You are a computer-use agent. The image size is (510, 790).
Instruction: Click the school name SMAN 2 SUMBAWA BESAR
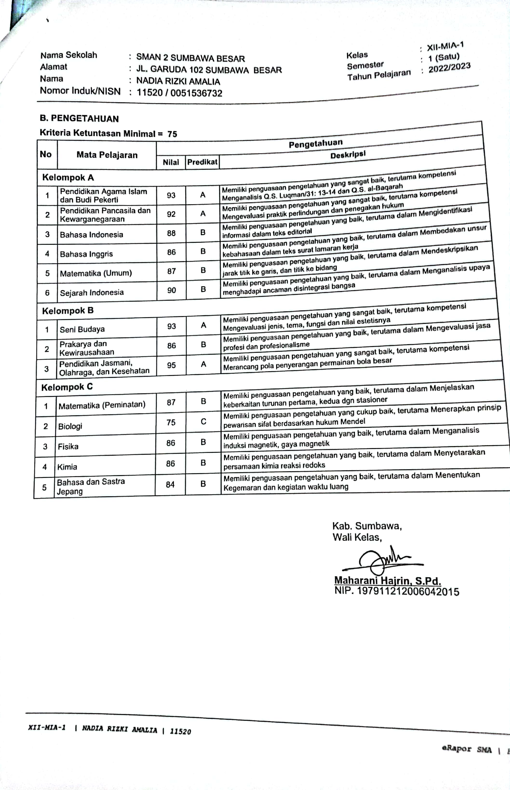(x=190, y=58)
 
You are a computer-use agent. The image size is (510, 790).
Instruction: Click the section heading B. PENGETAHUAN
(x=79, y=119)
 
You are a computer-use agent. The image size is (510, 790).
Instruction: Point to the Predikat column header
(x=202, y=162)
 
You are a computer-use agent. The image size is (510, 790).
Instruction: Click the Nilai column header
(x=171, y=162)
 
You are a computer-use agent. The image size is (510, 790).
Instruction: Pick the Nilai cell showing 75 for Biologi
(x=171, y=422)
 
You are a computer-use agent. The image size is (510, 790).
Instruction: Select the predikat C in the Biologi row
(x=203, y=421)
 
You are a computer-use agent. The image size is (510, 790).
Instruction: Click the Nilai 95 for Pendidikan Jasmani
(x=171, y=365)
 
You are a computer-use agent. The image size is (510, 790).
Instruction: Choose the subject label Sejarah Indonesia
(x=92, y=293)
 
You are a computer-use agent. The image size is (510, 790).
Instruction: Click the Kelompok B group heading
(x=68, y=311)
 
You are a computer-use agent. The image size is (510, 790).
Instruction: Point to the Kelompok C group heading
(x=67, y=387)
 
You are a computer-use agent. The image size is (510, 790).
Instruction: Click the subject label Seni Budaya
(x=82, y=329)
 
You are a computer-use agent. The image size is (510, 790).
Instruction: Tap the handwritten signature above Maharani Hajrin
(x=381, y=560)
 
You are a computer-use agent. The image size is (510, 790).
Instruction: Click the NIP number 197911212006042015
(x=408, y=592)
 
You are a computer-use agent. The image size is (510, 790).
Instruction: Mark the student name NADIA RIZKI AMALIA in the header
(x=178, y=81)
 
